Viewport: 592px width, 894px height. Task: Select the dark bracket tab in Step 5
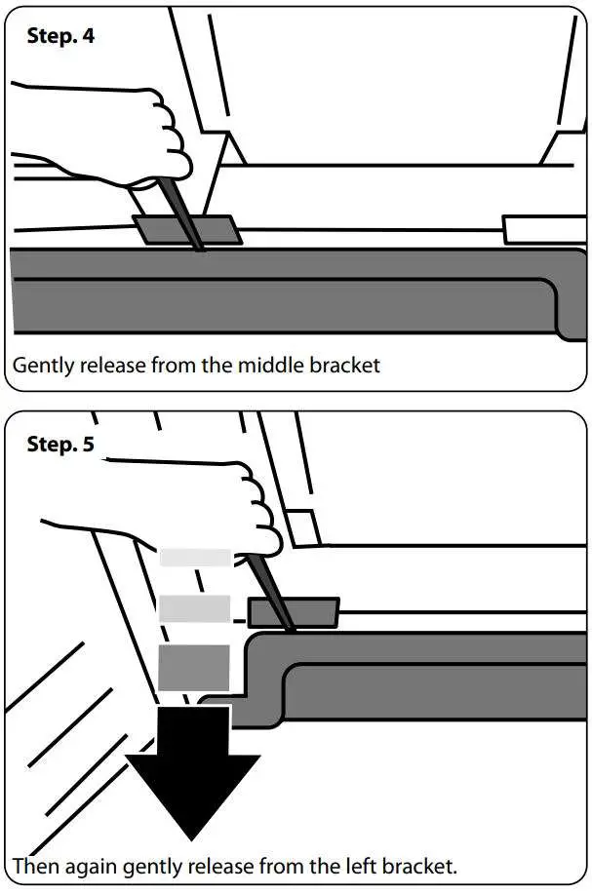293,613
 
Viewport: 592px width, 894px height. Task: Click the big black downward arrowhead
193,790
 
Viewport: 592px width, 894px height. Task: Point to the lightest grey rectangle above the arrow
195,558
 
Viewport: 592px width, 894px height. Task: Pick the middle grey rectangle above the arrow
194,609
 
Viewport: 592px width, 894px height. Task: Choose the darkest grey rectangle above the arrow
194,669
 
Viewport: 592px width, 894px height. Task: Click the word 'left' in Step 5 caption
349,866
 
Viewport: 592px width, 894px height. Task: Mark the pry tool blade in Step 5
273,590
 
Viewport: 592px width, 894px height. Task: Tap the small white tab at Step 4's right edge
546,229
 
